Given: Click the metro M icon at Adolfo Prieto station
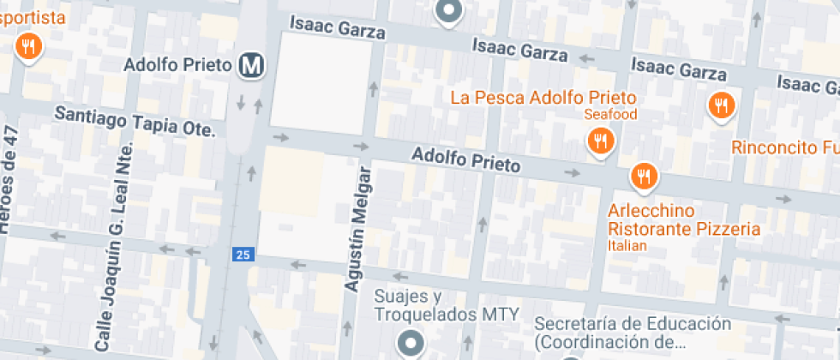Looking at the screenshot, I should pos(251,65).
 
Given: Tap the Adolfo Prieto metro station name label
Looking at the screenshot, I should pos(177,65).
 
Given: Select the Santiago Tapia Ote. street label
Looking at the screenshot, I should pos(135,122).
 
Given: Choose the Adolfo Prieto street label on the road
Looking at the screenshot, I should pos(465,160).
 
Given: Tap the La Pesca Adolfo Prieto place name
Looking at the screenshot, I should pos(543,97).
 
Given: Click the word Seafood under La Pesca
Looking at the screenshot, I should pos(612,114).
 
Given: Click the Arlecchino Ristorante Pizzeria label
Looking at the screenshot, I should pos(684,219).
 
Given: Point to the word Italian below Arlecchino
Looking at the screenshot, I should pos(628,246).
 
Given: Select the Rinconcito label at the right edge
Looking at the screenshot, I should pos(784,147).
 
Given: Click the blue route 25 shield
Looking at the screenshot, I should pos(243,255).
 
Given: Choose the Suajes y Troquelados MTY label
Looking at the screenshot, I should pos(446,306).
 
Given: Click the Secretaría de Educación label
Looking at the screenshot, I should pos(633,333).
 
